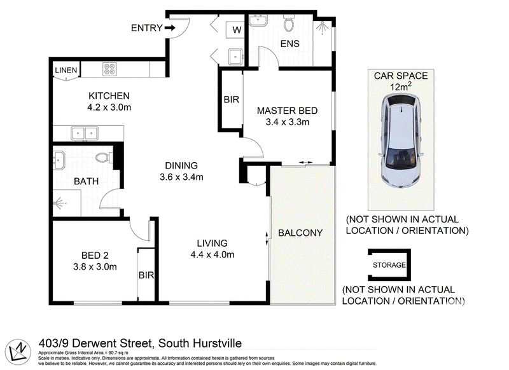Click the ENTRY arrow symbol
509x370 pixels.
click(170, 28)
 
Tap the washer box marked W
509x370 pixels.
click(235, 30)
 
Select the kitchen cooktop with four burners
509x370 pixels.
click(109, 69)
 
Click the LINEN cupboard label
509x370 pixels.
click(66, 70)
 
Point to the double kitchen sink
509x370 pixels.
click(85, 134)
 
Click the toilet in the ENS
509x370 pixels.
click(289, 23)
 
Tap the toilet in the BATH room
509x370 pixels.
click(104, 158)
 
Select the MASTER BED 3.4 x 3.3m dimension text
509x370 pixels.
click(288, 122)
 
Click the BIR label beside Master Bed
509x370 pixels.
click(232, 100)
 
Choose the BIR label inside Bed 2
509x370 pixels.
click(146, 275)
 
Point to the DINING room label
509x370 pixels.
click(181, 166)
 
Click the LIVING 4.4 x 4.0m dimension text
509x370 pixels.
click(213, 254)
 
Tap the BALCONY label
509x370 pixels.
click(300, 233)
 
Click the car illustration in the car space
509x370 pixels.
click(401, 141)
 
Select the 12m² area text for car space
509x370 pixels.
click(401, 86)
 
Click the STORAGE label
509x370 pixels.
click(389, 265)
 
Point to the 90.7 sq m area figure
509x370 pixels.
click(116, 352)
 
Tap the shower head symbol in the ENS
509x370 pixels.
click(322, 27)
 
